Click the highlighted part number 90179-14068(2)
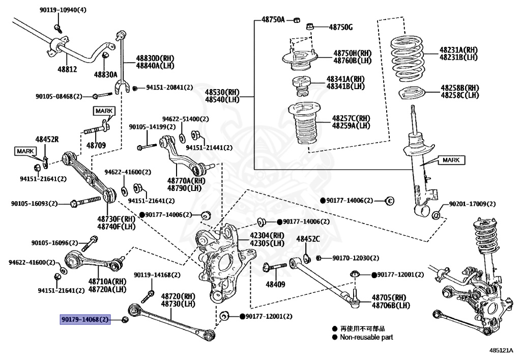tap(85, 319)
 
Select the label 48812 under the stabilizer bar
tap(67, 69)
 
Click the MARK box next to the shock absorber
tap(451, 160)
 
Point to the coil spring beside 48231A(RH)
tap(408, 59)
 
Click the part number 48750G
tap(340, 27)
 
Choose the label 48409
tap(275, 284)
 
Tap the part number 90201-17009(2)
tap(472, 204)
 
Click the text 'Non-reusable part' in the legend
tap(366, 337)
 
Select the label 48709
tap(96, 145)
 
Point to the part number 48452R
tap(47, 140)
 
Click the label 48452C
tap(308, 239)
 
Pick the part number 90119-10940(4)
tap(63, 10)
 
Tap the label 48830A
tap(106, 74)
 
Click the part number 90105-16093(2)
tap(34, 204)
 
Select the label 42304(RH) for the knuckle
tap(267, 235)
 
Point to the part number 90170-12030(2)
tap(356, 258)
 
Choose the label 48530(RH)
tap(222, 92)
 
